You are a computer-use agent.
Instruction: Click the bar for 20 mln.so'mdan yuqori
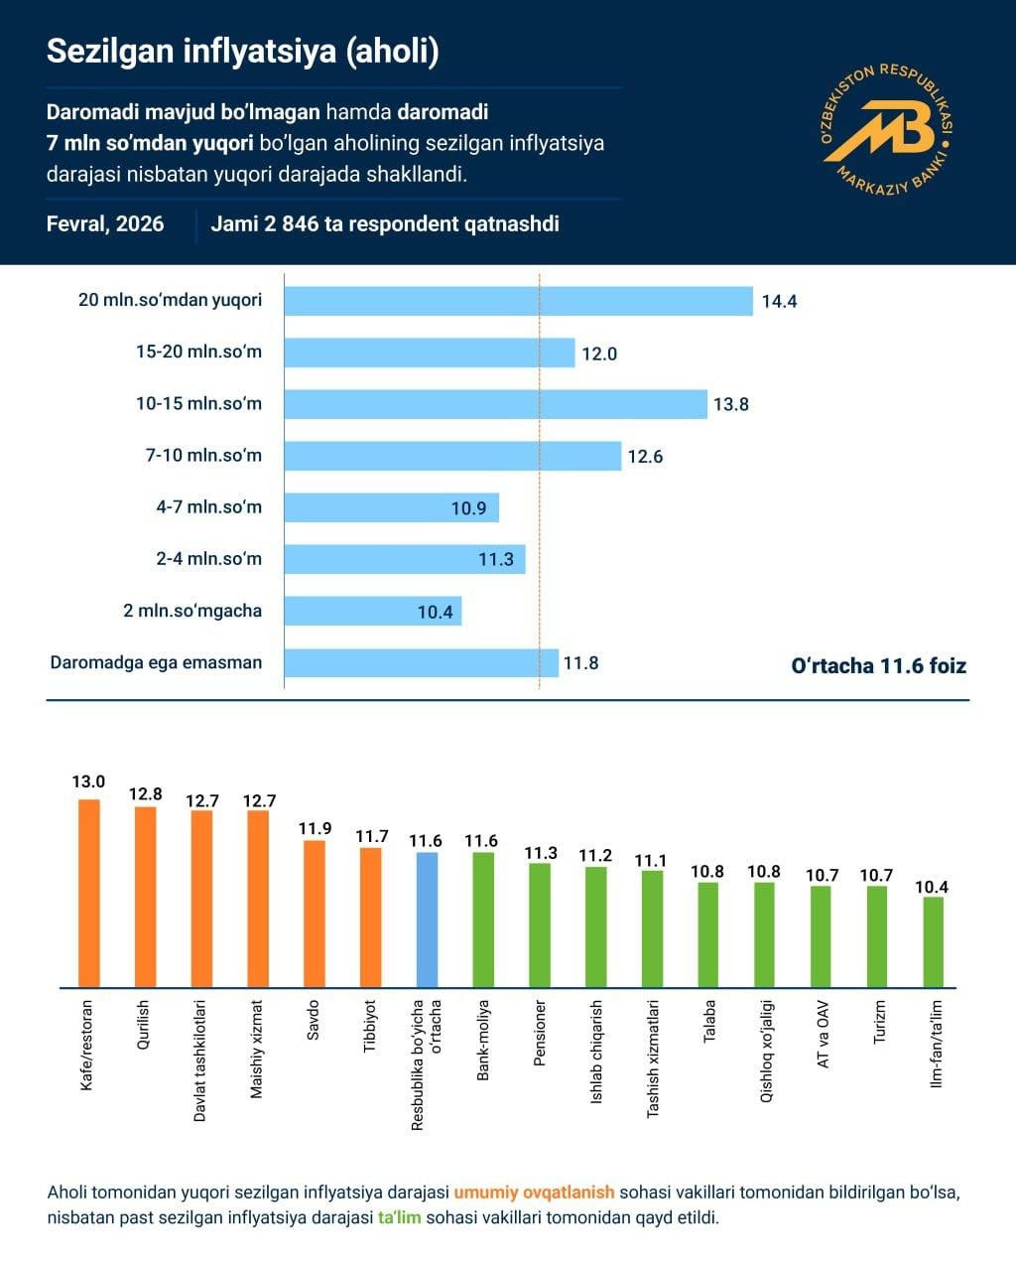tap(518, 301)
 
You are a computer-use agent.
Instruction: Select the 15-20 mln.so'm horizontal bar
tap(429, 353)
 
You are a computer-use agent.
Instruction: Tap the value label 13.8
tap(731, 404)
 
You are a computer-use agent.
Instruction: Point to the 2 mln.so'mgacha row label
tap(192, 610)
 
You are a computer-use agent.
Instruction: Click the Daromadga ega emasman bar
tap(421, 662)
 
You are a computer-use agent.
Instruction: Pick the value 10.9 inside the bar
tap(468, 508)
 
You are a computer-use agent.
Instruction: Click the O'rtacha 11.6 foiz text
tap(878, 665)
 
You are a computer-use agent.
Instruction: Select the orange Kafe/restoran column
tap(89, 893)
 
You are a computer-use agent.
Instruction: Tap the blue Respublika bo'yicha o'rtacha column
tap(427, 919)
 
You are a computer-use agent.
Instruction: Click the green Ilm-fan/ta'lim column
tap(934, 941)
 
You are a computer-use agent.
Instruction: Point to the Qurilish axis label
tap(144, 1026)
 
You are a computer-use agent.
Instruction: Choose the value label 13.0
tap(88, 782)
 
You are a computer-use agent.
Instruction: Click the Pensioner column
tap(540, 924)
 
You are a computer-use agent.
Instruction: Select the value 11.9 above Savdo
tap(315, 828)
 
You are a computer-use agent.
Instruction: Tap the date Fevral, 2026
tap(105, 223)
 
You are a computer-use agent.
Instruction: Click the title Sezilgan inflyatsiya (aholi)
tap(243, 52)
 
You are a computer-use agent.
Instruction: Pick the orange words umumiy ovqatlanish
tap(534, 1192)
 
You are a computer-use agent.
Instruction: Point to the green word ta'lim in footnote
tap(400, 1216)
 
